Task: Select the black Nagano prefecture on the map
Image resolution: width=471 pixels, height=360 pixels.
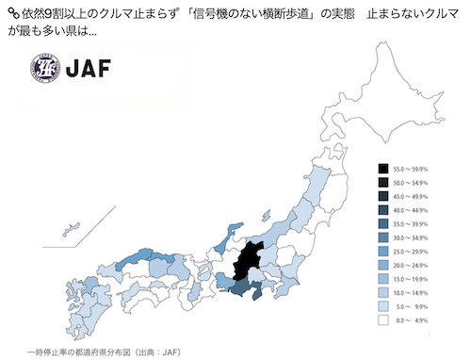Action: tap(250, 258)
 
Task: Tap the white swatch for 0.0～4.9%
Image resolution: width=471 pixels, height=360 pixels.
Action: tap(384, 320)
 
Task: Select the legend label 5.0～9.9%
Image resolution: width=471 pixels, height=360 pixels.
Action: tap(412, 306)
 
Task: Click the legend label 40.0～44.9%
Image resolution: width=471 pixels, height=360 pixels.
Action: tap(412, 208)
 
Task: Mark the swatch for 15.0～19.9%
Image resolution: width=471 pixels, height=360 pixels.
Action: tap(384, 278)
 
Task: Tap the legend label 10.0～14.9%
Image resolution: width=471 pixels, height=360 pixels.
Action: tap(412, 292)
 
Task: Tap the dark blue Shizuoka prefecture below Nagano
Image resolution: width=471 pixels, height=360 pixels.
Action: tap(243, 288)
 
